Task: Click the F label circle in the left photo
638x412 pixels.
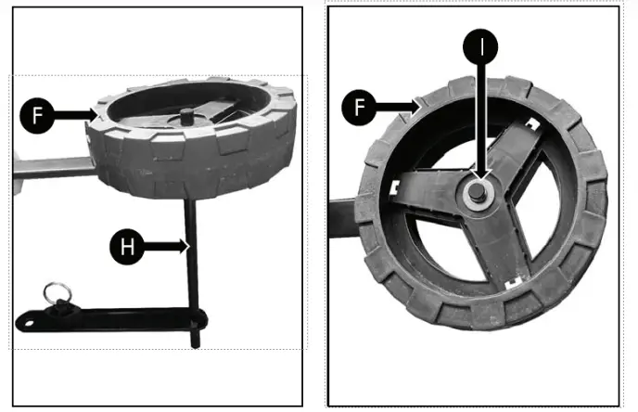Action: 36,115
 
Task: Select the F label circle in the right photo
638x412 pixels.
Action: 358,108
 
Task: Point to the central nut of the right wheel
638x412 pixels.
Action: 478,192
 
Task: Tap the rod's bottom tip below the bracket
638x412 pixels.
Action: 196,343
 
